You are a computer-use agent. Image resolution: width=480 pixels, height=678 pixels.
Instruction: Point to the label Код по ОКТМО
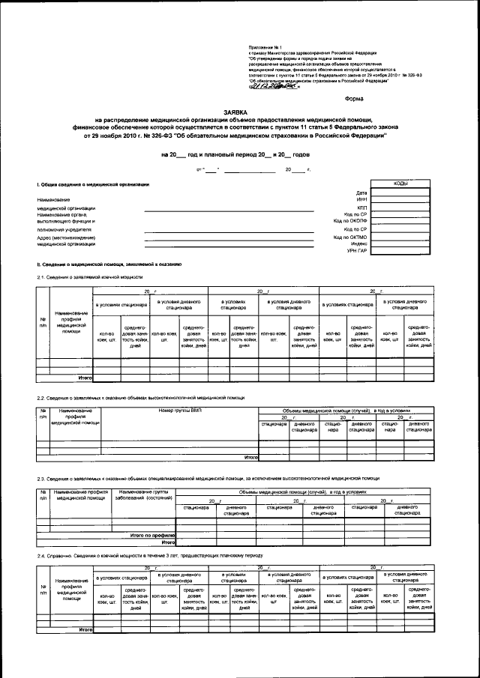tap(349, 237)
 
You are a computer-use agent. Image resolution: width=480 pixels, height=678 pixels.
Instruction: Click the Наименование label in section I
tap(54, 199)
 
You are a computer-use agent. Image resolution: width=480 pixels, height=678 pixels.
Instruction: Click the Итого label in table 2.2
tap(250, 456)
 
